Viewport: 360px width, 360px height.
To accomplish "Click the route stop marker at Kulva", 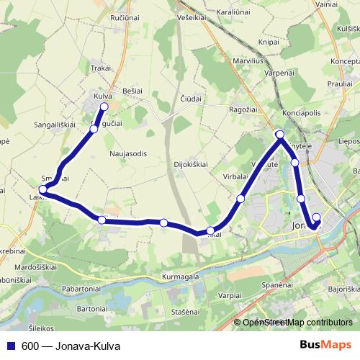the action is (104, 107).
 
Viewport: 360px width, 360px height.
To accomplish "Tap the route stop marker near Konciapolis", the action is (280, 135).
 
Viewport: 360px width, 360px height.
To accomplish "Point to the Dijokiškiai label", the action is (191, 163).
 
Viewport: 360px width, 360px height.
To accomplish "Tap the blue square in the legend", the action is (12, 346).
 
